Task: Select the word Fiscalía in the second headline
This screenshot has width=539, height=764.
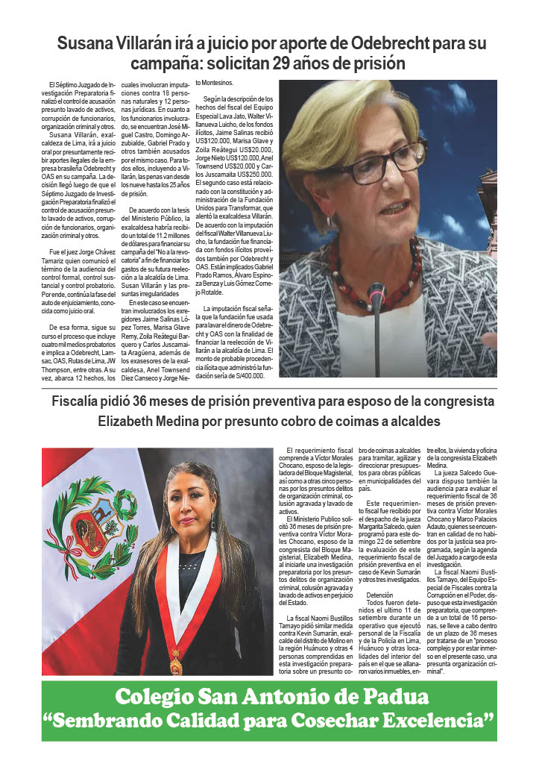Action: pyautogui.click(x=79, y=402)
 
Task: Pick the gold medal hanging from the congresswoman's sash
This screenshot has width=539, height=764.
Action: pyautogui.click(x=176, y=663)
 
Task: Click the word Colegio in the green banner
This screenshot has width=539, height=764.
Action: pyautogui.click(x=151, y=698)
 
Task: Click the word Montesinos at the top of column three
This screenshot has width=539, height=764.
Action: pyautogui.click(x=215, y=83)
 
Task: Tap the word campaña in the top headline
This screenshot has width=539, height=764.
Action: pyautogui.click(x=161, y=62)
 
